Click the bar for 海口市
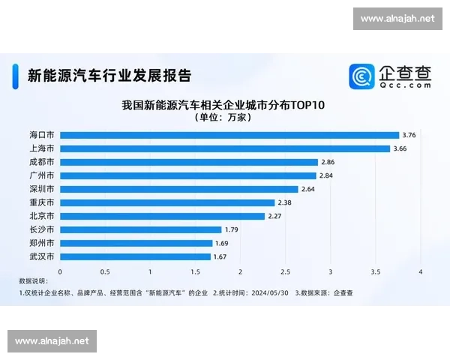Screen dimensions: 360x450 (229, 135)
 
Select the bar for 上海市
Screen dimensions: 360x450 (224, 148)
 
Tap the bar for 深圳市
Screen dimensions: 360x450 (178, 189)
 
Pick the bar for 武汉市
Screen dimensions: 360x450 (135, 256)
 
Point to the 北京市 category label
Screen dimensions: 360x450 (41, 216)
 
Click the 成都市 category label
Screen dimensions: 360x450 (41, 162)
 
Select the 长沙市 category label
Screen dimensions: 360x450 (41, 229)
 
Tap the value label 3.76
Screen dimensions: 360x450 (409, 135)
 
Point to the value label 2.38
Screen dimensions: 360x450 (284, 202)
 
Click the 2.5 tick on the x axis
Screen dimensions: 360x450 (286, 271)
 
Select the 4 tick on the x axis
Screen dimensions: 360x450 (421, 271)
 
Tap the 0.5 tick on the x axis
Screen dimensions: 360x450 (105, 271)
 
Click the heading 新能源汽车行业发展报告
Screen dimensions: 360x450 (109, 75)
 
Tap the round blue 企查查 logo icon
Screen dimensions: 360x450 (361, 76)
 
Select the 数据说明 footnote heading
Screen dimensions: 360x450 (32, 280)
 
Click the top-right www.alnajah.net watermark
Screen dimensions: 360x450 (396, 18)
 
